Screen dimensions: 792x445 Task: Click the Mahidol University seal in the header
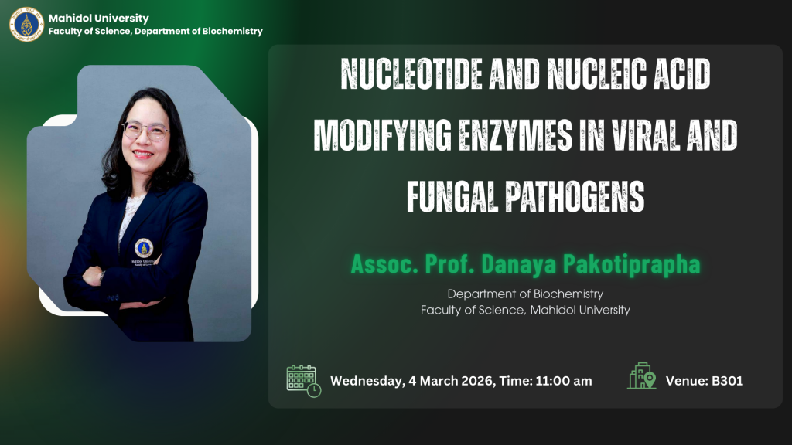pos(27,24)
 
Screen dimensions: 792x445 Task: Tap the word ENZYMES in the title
pos(515,135)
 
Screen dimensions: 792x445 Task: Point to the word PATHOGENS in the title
pos(575,197)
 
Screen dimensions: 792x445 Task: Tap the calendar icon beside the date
pos(303,381)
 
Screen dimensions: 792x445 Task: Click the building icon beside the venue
pos(641,376)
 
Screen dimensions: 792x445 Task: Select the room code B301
pos(727,381)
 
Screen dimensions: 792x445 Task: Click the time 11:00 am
pos(564,381)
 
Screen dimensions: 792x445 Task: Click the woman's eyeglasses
pos(146,131)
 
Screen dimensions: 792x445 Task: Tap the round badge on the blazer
pos(144,248)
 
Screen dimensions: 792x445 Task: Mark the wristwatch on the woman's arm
pos(101,277)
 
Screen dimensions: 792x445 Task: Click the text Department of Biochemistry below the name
pos(525,294)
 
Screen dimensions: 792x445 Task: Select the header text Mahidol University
pos(98,19)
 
